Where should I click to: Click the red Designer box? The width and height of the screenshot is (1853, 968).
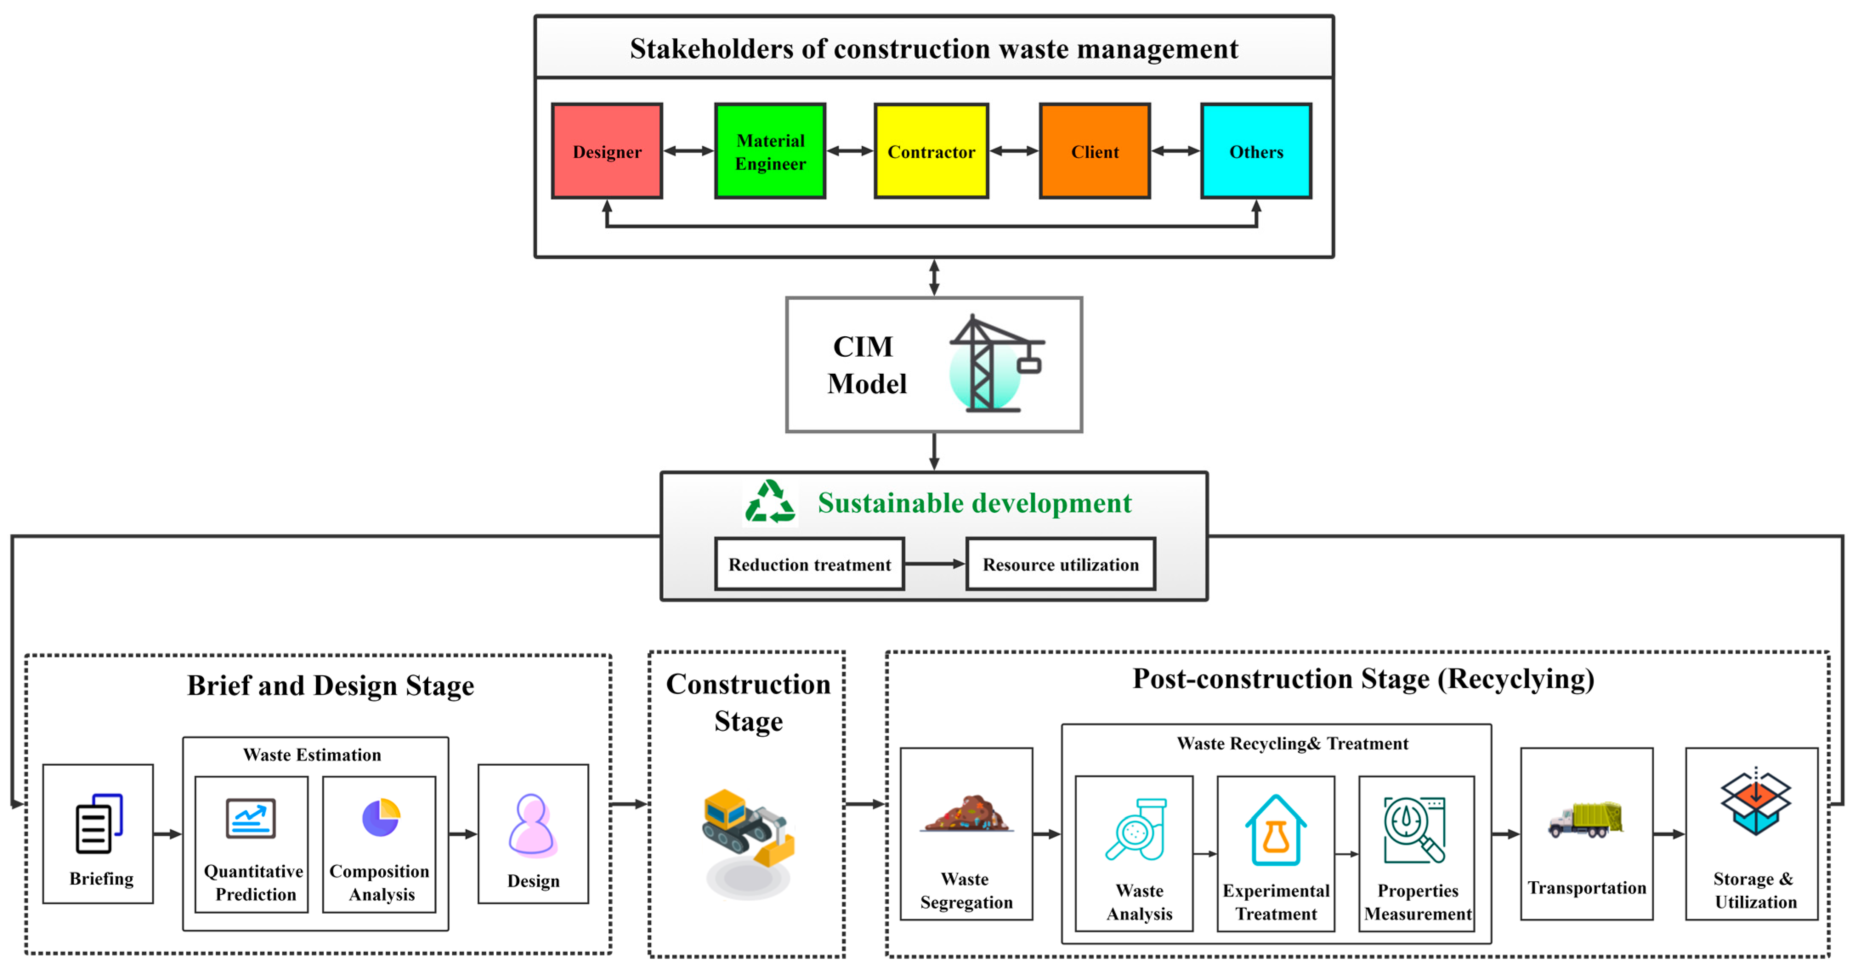tap(606, 151)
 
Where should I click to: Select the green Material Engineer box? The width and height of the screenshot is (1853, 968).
tap(769, 151)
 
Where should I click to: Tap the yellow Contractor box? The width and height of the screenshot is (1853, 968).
tap(931, 151)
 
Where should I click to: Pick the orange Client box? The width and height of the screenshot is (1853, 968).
tap(1094, 151)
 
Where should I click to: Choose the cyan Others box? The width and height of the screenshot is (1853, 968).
tap(1256, 151)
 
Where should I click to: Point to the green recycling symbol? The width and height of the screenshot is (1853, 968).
tap(769, 502)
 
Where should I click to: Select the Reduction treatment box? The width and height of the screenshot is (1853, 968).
tap(809, 564)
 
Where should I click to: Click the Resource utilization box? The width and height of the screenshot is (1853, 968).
tap(1060, 564)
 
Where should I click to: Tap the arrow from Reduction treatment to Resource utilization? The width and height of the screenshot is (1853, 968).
tap(934, 564)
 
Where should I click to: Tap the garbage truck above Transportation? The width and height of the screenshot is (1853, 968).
tap(1585, 820)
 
